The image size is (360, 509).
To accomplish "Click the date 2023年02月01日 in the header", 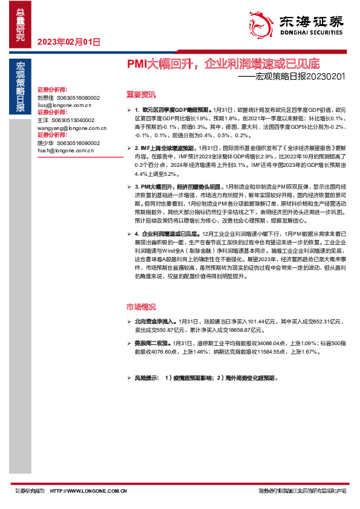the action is [68, 42].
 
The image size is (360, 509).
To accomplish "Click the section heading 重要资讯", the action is [140, 94].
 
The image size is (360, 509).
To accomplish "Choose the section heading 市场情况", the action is [140, 306].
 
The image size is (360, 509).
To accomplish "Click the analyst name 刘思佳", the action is [45, 97].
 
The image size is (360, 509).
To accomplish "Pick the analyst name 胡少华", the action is [45, 143].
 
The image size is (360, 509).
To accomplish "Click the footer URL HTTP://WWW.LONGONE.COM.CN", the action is [89, 491].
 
